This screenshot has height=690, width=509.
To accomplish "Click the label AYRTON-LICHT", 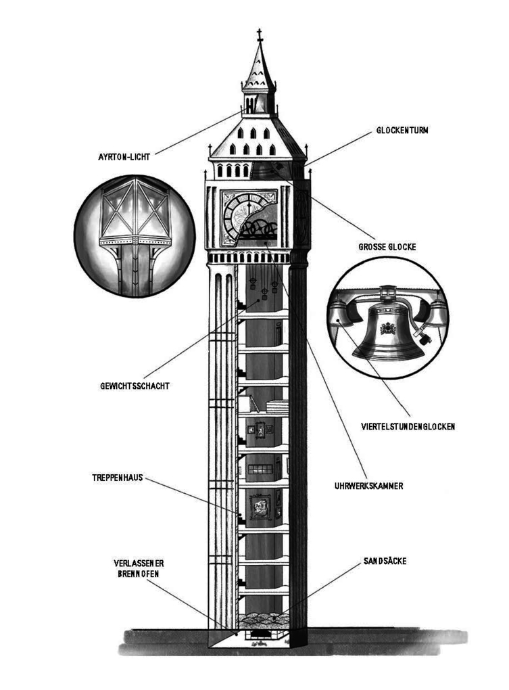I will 124,157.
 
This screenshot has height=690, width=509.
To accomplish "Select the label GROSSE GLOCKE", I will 387,247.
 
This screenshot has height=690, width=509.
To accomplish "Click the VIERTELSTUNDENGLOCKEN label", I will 408,427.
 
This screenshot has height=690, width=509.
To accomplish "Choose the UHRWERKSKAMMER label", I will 368,486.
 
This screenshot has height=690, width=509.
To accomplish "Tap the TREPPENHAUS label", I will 118,478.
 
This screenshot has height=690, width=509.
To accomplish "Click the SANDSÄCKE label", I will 383,561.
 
